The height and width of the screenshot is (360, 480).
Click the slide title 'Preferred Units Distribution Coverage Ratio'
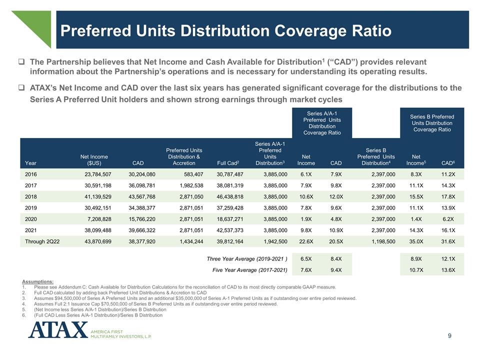click(225, 31)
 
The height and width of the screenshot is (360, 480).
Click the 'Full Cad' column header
click(228, 162)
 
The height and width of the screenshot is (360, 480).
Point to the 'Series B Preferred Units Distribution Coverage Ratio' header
click(432, 123)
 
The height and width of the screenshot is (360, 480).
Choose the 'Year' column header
click(30, 162)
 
